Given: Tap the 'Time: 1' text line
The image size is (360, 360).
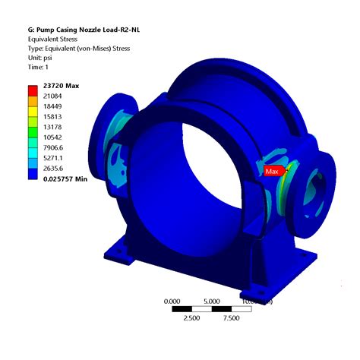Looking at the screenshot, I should (x=43, y=68).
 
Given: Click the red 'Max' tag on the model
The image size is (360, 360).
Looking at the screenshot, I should (x=273, y=171).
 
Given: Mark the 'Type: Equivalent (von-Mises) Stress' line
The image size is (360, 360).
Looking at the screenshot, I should (x=78, y=48).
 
